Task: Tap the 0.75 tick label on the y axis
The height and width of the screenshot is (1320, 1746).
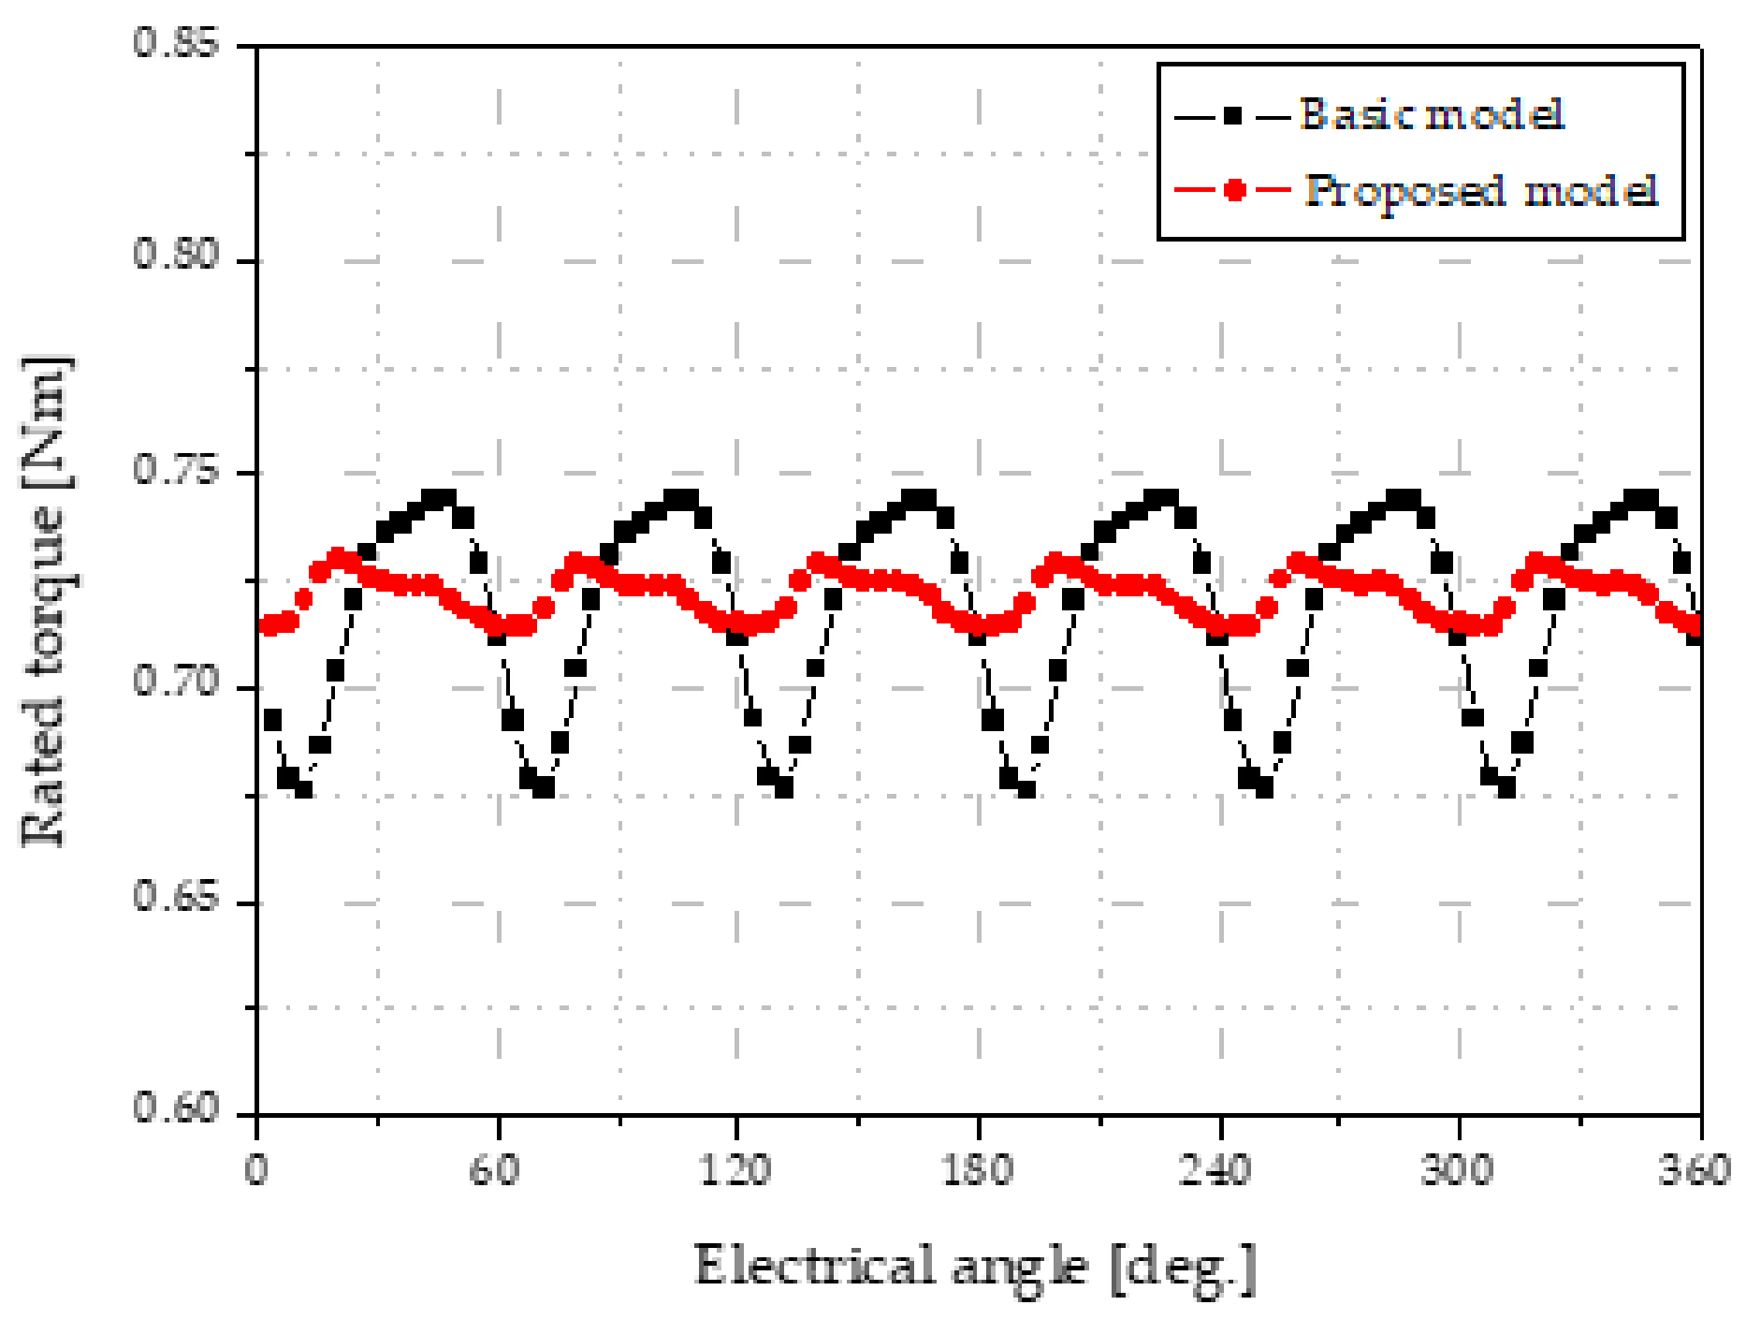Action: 175,468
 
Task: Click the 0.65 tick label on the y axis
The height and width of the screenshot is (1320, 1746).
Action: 175,896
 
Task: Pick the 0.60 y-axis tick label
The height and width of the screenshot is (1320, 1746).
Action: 175,1107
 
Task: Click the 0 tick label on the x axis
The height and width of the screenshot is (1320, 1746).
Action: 256,1170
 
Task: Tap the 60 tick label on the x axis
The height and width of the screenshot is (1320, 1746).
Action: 496,1170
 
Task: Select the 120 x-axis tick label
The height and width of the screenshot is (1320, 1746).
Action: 736,1170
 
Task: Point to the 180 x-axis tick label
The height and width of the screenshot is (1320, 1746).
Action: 978,1170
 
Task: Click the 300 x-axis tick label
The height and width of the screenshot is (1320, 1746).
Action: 1457,1170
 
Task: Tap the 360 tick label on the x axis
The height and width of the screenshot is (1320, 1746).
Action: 1695,1170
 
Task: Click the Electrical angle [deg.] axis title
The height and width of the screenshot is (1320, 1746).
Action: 974,1269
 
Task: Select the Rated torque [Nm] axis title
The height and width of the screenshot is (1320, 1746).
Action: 45,602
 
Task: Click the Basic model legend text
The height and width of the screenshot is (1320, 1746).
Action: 1432,114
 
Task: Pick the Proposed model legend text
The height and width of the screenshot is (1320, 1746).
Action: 1481,191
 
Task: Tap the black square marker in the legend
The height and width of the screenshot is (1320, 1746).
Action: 1233,116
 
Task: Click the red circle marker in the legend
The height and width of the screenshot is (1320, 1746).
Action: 1235,191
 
